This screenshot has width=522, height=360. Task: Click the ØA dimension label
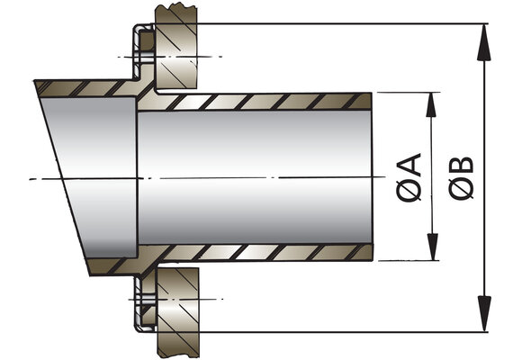click(x=409, y=178)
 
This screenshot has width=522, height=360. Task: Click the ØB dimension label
click(x=461, y=178)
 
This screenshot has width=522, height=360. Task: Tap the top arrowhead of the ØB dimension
click(x=483, y=42)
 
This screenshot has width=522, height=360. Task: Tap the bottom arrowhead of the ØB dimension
click(x=484, y=313)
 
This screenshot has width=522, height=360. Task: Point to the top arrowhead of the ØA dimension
click(x=431, y=104)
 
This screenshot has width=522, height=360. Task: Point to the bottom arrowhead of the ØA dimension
click(x=432, y=247)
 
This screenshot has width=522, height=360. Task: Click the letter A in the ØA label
click(x=409, y=166)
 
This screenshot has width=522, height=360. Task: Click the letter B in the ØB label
click(x=461, y=166)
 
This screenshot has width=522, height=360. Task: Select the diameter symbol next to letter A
click(x=409, y=192)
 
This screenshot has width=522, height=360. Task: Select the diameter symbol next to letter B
click(x=461, y=189)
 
